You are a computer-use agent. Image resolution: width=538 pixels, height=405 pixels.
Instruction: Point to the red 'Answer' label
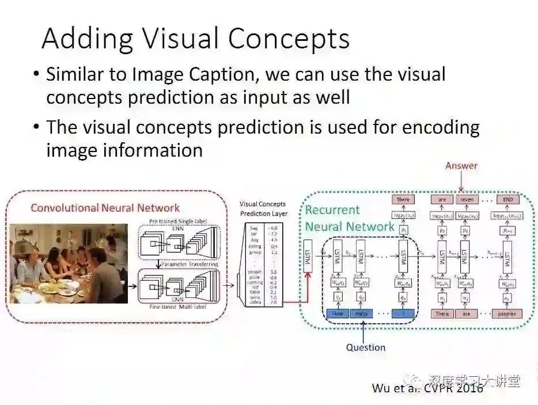[461, 166]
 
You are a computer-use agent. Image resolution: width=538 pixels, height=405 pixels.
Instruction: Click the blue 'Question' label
[365, 347]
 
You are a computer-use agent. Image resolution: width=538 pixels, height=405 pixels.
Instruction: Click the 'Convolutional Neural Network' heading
[105, 208]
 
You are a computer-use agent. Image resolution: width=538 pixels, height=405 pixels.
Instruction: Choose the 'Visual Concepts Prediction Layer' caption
[263, 209]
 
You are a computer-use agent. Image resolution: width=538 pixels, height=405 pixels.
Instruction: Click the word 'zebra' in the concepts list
[254, 302]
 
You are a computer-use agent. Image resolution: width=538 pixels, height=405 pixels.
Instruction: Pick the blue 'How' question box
[338, 314]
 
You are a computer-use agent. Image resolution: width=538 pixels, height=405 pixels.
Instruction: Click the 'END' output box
[507, 200]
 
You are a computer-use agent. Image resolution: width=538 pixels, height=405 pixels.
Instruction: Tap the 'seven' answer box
[467, 200]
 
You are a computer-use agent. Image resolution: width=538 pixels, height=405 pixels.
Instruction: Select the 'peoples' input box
[507, 314]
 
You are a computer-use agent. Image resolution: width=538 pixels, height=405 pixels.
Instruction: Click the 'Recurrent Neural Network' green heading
[349, 218]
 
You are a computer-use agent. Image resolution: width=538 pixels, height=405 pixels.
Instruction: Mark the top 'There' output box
[403, 200]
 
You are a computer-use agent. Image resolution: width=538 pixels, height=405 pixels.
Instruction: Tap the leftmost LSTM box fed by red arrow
[308, 254]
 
